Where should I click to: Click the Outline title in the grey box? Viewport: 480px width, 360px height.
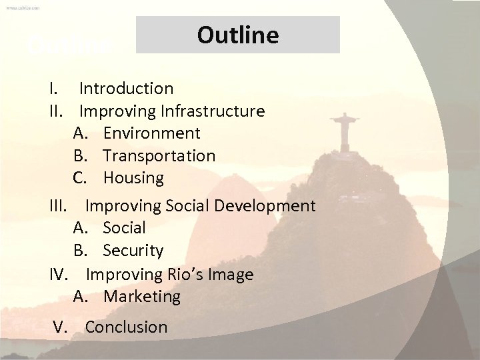(x=238, y=35)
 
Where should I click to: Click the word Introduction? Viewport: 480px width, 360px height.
(x=127, y=88)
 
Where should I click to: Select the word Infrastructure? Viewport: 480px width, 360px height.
(x=211, y=111)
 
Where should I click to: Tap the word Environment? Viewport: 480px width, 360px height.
(x=152, y=133)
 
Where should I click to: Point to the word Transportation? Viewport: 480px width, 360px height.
(x=159, y=156)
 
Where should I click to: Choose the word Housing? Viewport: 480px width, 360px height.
(x=133, y=178)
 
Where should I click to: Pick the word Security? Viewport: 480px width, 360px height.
(x=133, y=251)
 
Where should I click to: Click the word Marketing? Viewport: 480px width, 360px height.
(x=142, y=296)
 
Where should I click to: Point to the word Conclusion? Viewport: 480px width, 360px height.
(x=126, y=327)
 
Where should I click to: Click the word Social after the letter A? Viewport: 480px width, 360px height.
(x=124, y=228)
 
